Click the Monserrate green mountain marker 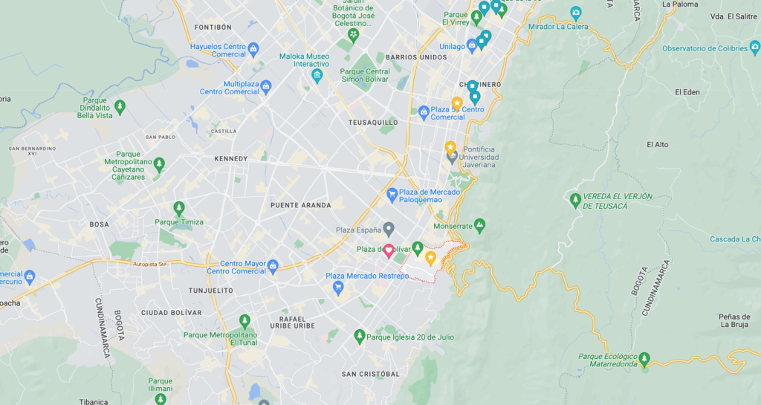pyautogui.click(x=479, y=224)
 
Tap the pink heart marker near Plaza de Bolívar pyautogui.click(x=389, y=250)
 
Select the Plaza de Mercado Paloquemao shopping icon pyautogui.click(x=392, y=195)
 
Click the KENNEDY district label pyautogui.click(x=230, y=159)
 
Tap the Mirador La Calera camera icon pyautogui.click(x=575, y=13)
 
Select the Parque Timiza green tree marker pyautogui.click(x=178, y=208)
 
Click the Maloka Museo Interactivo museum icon pyautogui.click(x=317, y=75)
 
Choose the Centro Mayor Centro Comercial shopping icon pyautogui.click(x=273, y=265)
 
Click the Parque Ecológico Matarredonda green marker pyautogui.click(x=644, y=359)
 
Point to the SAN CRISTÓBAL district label pyautogui.click(x=370, y=374)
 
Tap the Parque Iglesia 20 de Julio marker pyautogui.click(x=360, y=337)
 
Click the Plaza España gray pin pyautogui.click(x=388, y=229)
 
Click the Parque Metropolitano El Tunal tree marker pyautogui.click(x=245, y=321)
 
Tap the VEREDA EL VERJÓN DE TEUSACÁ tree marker pyautogui.click(x=574, y=200)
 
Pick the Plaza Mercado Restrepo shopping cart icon pyautogui.click(x=337, y=286)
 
